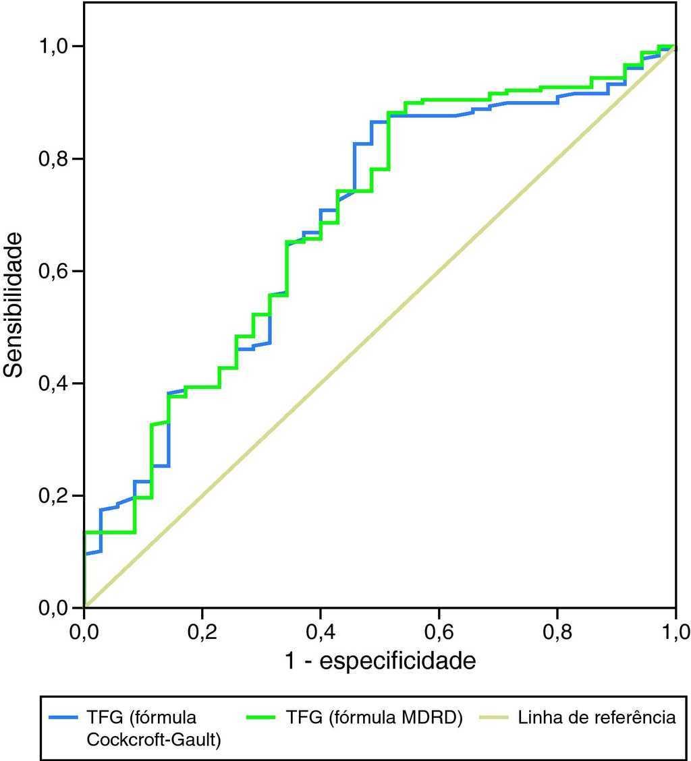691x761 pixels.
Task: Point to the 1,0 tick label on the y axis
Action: pos(59,47)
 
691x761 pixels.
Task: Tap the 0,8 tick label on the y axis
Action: pos(59,159)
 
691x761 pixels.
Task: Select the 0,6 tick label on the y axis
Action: pos(59,272)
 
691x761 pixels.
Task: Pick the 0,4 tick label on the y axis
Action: pos(59,384)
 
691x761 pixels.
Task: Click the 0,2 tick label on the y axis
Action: pos(59,496)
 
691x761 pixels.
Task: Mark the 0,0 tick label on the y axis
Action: pos(59,608)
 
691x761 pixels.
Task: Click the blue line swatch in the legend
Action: pos(65,718)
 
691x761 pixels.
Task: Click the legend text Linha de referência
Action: pos(597,718)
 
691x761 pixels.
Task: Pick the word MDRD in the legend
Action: pos(433,718)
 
